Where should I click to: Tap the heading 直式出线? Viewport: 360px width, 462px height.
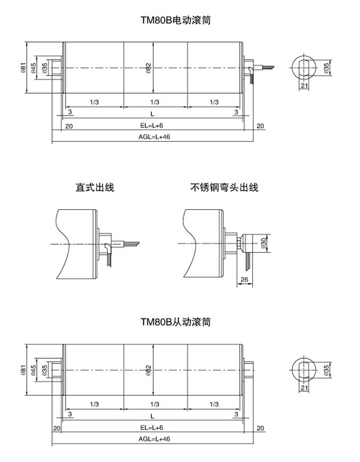[x=95, y=187]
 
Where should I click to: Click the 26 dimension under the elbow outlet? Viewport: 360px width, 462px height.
[x=244, y=280]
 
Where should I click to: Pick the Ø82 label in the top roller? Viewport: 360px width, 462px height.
[x=149, y=68]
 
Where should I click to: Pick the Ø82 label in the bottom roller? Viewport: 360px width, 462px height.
[x=149, y=369]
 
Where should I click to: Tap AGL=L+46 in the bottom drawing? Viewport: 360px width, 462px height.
[x=153, y=439]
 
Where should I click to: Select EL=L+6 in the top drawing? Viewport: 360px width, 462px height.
[x=152, y=126]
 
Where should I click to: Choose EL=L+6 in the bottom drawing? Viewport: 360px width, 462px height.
[x=152, y=427]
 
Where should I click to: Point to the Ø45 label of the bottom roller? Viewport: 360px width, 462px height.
[x=34, y=369]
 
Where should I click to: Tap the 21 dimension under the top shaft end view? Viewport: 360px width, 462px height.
[x=304, y=86]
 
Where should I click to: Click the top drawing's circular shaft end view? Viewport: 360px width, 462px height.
[x=304, y=68]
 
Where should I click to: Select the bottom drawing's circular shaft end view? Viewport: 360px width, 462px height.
[x=304, y=369]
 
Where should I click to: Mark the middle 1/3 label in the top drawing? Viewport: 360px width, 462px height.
[x=154, y=102]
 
